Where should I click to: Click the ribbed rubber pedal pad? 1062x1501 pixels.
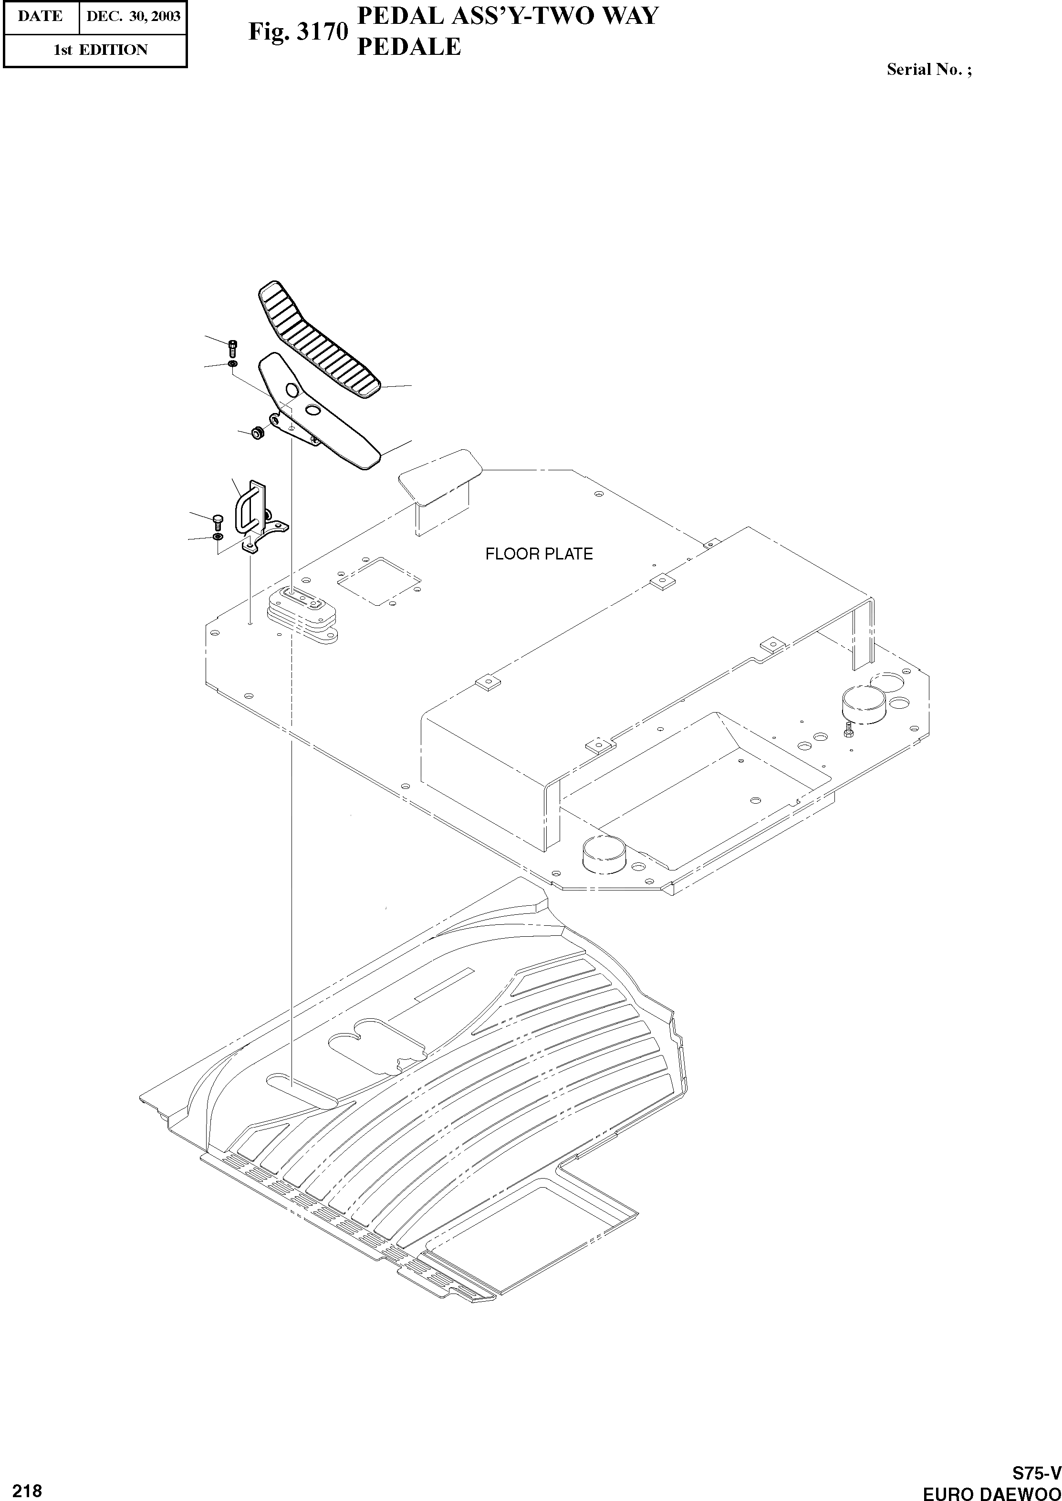[319, 341]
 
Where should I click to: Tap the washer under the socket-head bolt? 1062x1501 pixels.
[233, 363]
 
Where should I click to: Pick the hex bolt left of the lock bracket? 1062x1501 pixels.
[218, 521]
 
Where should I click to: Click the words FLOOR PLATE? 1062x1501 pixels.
[538, 554]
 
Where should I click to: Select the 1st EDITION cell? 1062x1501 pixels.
[100, 50]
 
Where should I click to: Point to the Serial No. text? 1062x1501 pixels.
[928, 69]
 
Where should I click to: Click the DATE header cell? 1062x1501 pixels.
[41, 16]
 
